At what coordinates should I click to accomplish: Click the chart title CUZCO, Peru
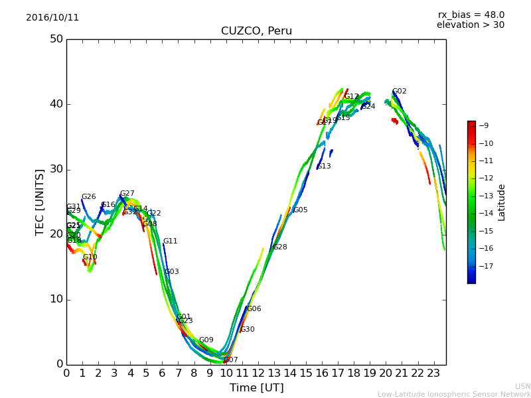tap(256, 31)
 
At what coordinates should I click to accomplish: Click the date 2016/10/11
tap(52, 18)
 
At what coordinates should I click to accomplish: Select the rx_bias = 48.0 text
tap(471, 15)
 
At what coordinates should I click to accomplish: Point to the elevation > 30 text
tap(471, 25)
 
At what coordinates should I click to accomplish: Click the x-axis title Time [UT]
tap(256, 387)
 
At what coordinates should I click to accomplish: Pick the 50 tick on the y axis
tap(56, 39)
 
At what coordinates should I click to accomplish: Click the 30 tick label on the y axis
tap(56, 169)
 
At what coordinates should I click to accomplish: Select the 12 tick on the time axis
tap(258, 373)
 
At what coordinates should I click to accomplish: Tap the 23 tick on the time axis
tap(434, 373)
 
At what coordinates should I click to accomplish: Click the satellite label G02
tap(399, 92)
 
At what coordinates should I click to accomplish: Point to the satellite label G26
tap(88, 197)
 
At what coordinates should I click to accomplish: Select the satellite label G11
tap(170, 241)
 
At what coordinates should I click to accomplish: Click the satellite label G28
tap(279, 247)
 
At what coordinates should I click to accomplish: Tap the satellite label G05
tap(300, 210)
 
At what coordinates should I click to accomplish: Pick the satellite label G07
tap(230, 360)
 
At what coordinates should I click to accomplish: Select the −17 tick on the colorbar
tap(484, 267)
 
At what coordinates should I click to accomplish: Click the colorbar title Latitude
tap(501, 202)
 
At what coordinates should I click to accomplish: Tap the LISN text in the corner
tap(522, 386)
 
